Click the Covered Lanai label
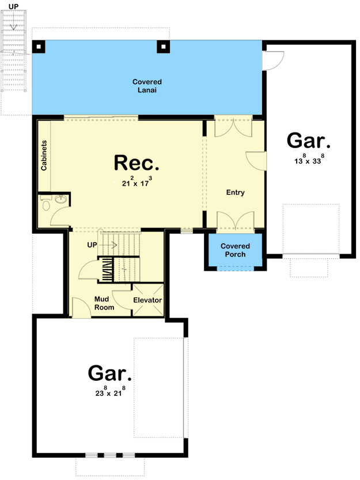pos(147,86)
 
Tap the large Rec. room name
pos(137,162)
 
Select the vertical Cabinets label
pos(44,155)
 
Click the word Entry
pos(235,192)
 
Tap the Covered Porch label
pos(235,250)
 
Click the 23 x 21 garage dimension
pos(110,394)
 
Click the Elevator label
pos(147,300)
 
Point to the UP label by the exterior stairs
pos(13,6)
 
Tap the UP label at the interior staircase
pos(92,245)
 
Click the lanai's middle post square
pos(164,47)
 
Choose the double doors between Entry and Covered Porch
pos(235,221)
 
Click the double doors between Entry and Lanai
pos(233,127)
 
